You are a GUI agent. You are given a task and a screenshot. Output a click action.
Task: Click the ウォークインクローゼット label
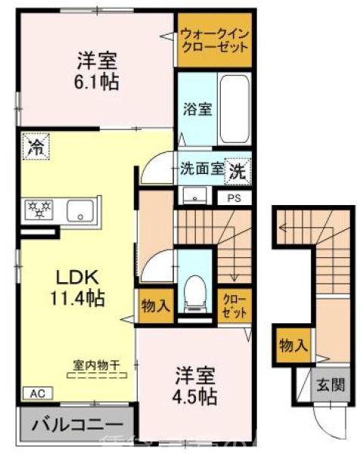coord(215,40)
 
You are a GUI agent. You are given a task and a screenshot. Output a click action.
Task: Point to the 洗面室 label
coord(201,169)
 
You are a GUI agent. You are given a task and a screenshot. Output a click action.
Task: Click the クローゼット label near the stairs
coord(232,306)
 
